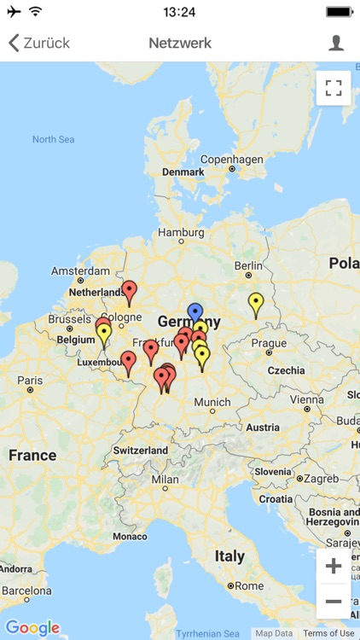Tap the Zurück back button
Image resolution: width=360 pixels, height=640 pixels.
[39, 43]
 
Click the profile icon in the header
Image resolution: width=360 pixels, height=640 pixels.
[336, 43]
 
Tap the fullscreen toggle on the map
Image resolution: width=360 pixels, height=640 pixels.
[334, 88]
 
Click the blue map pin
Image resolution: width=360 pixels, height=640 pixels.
[195, 313]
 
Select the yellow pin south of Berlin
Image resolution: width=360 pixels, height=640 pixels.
[256, 303]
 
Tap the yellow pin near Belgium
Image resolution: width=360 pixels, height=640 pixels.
[104, 334]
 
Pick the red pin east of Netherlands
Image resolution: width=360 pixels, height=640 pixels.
[129, 292]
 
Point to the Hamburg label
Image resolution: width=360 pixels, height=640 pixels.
[181, 232]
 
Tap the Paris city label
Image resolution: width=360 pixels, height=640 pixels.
[30, 381]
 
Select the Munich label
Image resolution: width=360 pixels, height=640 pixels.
[212, 402]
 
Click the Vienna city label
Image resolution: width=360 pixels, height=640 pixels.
[306, 399]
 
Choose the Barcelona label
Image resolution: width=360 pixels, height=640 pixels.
[26, 590]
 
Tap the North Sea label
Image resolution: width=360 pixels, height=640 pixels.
[54, 139]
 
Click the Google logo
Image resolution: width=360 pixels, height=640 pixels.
[32, 628]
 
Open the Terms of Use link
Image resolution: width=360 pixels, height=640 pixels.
[328, 633]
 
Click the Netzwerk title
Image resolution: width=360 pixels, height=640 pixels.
[180, 43]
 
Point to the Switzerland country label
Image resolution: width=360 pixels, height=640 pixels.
[140, 450]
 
